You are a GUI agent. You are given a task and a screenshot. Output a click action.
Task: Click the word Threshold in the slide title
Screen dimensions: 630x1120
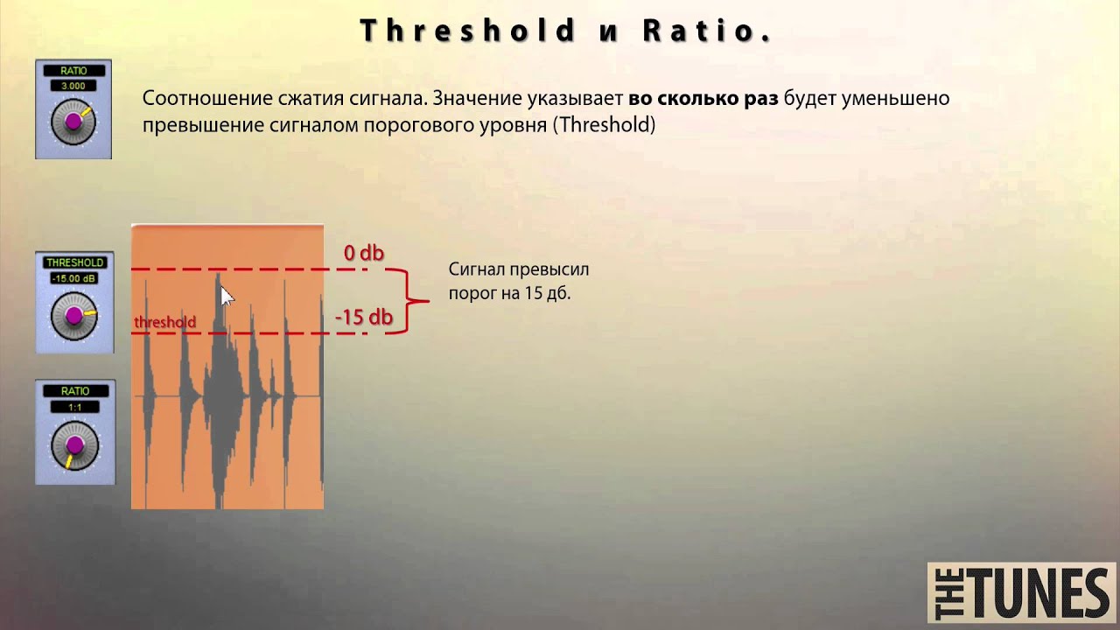click(x=468, y=31)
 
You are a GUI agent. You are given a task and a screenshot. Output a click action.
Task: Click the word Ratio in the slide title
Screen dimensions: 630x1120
click(x=706, y=31)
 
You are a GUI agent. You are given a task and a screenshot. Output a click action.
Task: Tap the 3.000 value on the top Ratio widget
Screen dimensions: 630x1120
click(x=73, y=86)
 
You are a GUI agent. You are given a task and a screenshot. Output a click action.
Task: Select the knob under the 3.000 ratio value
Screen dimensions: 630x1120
click(x=73, y=123)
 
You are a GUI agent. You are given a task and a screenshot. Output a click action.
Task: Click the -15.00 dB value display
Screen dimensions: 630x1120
click(x=74, y=278)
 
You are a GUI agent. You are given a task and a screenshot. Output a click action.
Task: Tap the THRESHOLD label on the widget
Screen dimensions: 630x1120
click(x=74, y=262)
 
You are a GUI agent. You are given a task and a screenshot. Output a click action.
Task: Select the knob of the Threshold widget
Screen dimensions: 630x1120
click(x=74, y=315)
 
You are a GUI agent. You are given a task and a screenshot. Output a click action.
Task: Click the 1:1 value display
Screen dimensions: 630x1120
click(x=74, y=407)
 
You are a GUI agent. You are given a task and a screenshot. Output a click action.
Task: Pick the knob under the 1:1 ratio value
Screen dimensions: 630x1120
click(x=74, y=444)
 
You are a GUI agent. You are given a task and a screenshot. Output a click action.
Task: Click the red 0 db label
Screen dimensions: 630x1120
click(x=363, y=254)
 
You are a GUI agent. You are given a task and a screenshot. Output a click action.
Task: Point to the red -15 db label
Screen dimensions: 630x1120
click(x=364, y=318)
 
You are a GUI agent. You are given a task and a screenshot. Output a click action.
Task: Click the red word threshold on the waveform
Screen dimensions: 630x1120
click(x=164, y=322)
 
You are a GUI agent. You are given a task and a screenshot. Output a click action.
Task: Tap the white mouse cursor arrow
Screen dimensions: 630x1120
click(x=227, y=296)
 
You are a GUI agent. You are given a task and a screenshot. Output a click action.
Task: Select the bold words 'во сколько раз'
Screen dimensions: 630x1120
click(x=703, y=98)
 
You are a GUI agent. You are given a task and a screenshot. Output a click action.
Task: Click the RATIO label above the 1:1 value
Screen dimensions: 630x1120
click(x=74, y=391)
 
